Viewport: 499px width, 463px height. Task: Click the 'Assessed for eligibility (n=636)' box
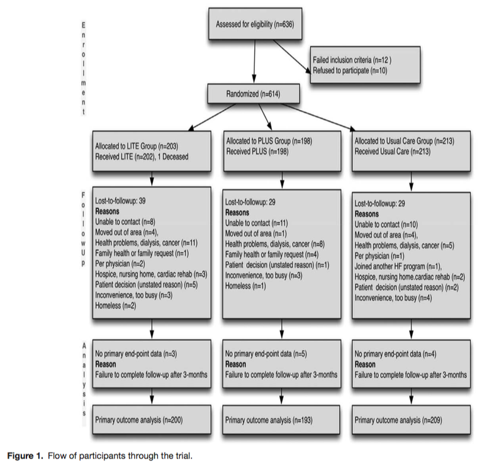point(255,24)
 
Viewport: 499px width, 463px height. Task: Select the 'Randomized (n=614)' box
point(254,94)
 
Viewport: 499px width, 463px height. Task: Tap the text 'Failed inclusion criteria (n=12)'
point(352,60)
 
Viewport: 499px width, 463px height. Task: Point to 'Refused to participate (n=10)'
point(350,70)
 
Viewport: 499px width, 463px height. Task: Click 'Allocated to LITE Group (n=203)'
point(137,146)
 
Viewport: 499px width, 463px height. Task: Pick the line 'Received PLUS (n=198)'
point(257,152)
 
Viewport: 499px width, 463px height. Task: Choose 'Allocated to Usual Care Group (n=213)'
point(404,141)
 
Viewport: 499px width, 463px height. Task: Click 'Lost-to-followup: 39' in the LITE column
point(120,201)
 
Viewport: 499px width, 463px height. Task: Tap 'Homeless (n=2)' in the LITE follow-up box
point(116,306)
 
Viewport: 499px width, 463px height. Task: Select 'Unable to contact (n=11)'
point(257,223)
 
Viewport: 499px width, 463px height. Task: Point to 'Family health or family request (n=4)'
point(272,255)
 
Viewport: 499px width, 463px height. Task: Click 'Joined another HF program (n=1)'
point(398,266)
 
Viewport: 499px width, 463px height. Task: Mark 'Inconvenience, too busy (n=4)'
point(393,298)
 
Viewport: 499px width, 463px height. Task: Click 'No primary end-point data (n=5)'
point(266,354)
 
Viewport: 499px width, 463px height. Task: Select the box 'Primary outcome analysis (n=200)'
point(152,420)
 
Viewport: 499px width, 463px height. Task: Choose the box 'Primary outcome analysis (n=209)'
point(411,420)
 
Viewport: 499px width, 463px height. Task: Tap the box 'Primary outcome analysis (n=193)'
point(281,420)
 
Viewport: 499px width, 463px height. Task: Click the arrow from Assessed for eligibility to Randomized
point(254,61)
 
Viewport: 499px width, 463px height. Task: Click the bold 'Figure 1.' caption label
point(25,455)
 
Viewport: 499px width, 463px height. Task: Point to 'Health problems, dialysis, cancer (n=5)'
point(404,245)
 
